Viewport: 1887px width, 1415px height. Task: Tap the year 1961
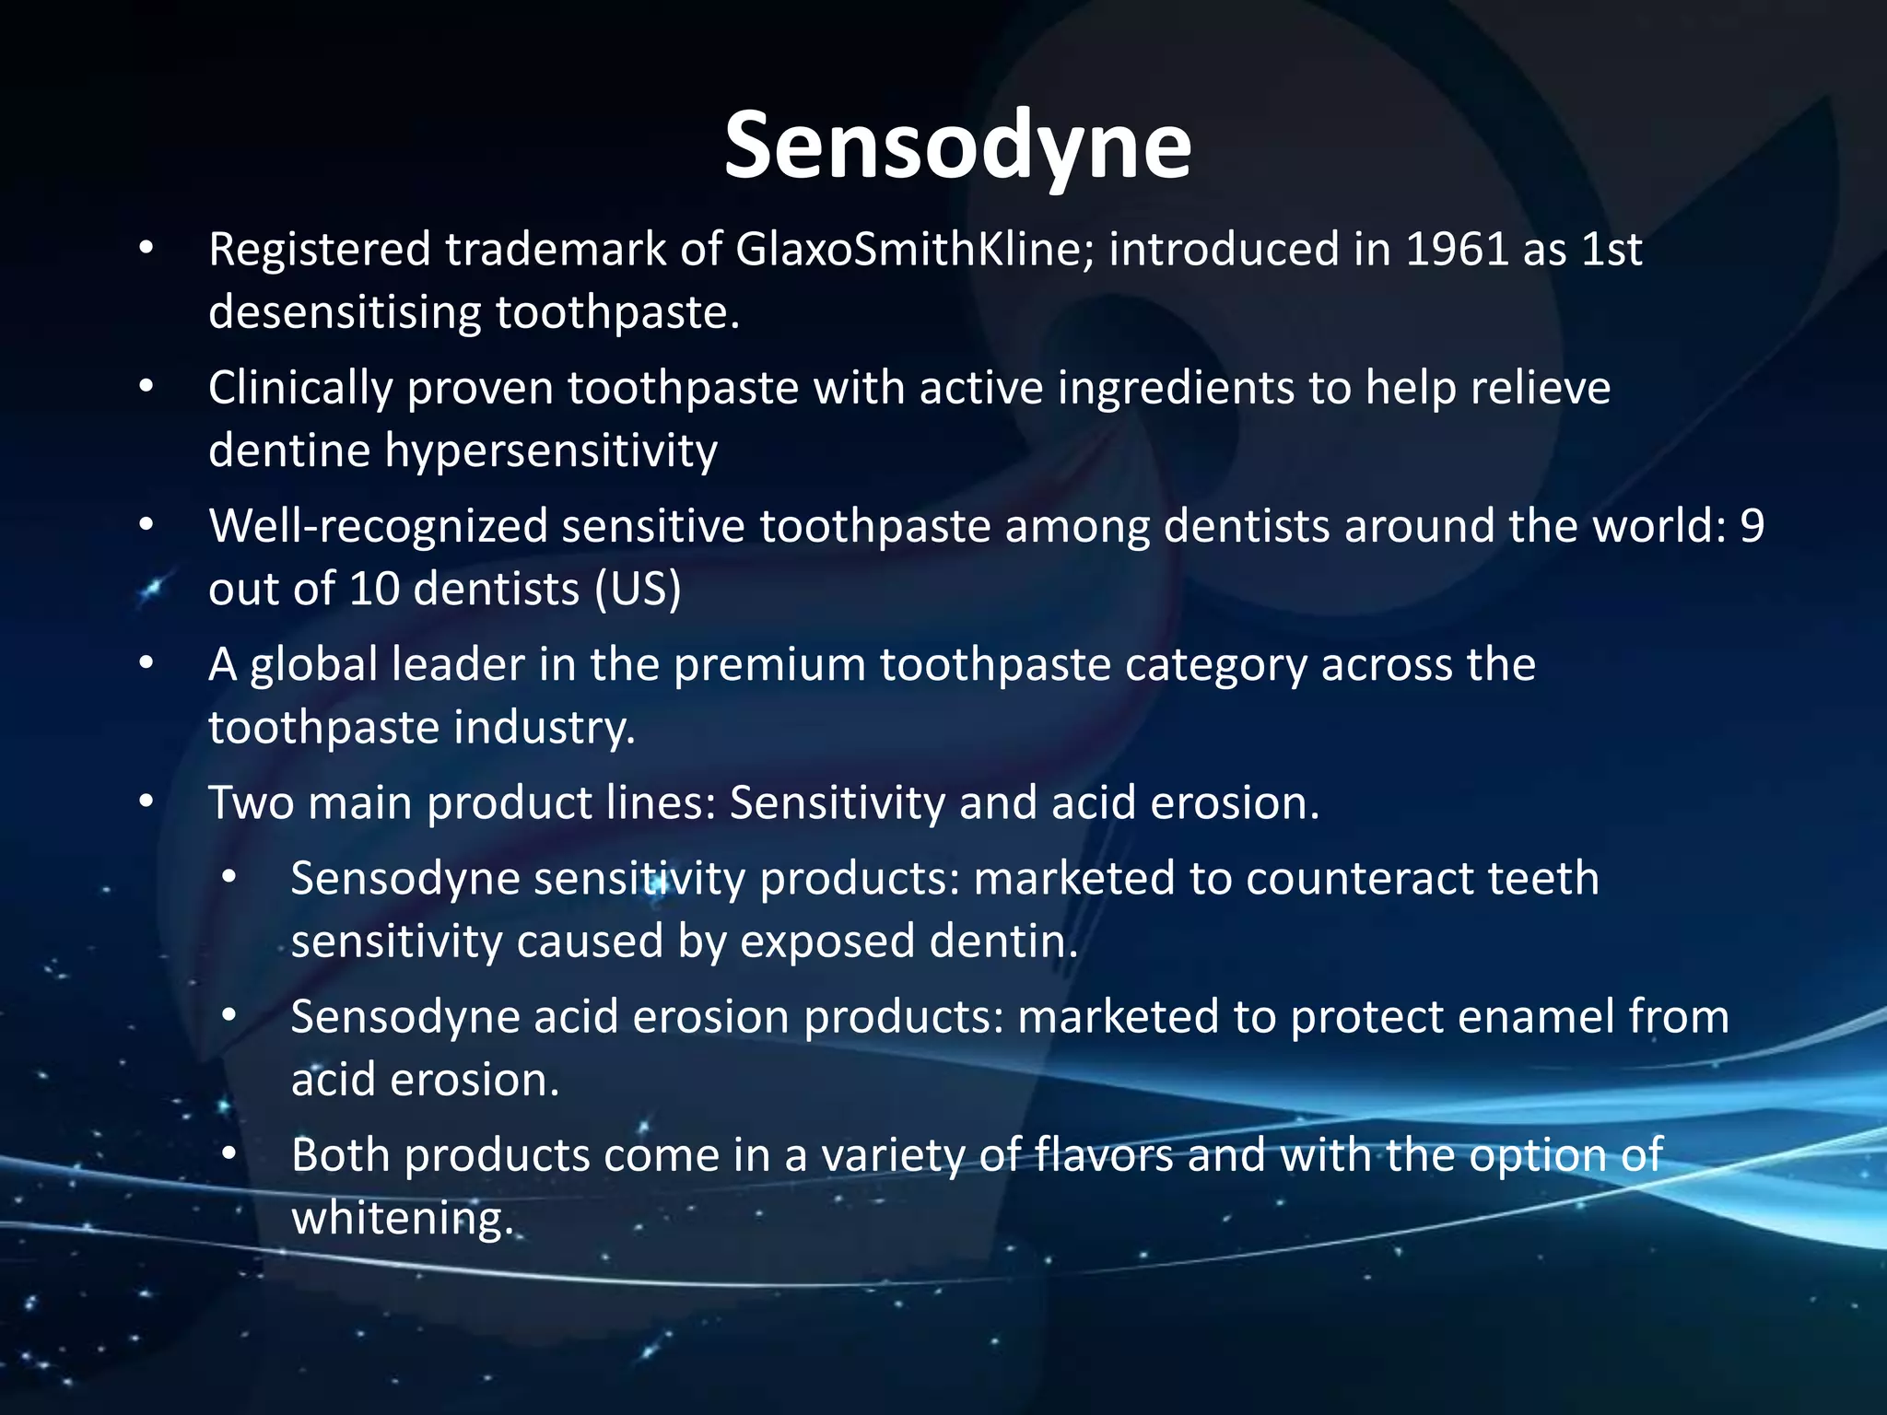point(1457,250)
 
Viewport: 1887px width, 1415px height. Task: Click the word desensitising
point(345,313)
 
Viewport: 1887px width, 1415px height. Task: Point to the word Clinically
point(300,389)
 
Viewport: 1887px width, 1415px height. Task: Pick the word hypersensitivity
point(550,451)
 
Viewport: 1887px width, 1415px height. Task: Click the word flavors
point(1104,1156)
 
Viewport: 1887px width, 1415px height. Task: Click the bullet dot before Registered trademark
point(146,250)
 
